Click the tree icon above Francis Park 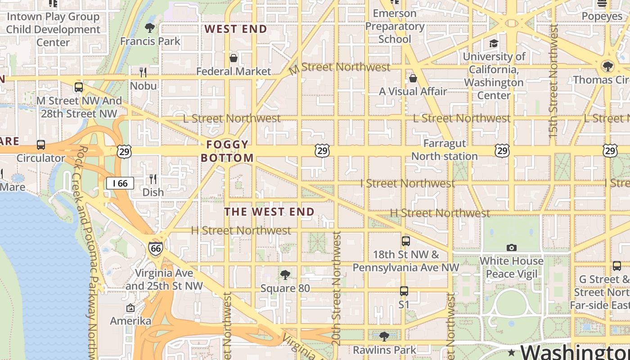click(x=150, y=28)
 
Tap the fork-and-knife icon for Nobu click(x=143, y=72)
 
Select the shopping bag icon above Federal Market click(x=234, y=58)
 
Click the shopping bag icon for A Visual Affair click(x=413, y=78)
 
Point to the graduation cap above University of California click(x=494, y=43)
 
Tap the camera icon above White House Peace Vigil click(x=511, y=247)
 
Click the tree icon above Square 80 click(x=285, y=274)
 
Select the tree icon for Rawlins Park click(x=384, y=336)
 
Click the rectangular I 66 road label click(x=120, y=183)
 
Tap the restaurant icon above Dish click(x=153, y=179)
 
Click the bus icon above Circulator click(x=41, y=145)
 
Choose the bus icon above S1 click(x=404, y=291)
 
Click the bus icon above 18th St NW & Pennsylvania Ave click(x=406, y=241)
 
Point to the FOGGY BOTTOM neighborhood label click(x=227, y=151)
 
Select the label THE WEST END click(x=269, y=211)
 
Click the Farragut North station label click(x=444, y=150)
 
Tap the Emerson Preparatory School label click(x=395, y=26)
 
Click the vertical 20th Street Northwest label click(x=336, y=288)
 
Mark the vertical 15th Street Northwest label click(x=553, y=81)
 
